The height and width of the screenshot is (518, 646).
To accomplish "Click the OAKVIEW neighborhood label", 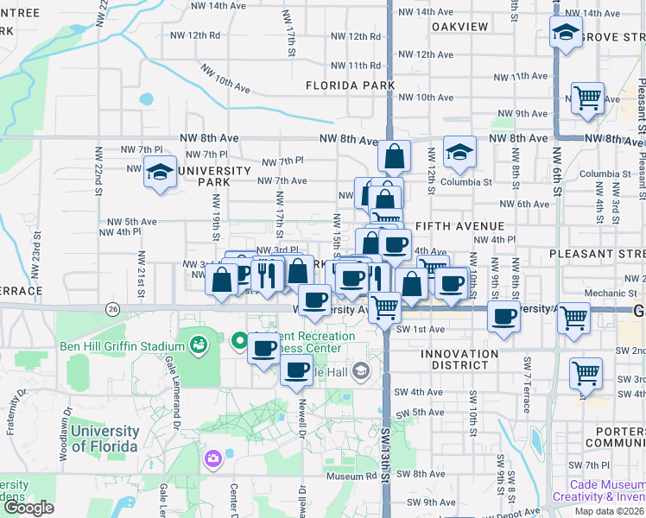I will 459,27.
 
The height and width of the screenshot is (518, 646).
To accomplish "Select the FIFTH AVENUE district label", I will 459,226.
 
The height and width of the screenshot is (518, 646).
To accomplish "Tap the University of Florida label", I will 104,439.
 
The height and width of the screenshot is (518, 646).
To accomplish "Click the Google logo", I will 28,508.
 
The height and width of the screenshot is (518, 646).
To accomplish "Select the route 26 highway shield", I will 112,308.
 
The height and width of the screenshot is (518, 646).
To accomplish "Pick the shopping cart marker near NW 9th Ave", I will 587,98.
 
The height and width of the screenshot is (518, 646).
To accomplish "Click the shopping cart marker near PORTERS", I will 586,373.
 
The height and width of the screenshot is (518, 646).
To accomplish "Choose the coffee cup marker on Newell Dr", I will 296,370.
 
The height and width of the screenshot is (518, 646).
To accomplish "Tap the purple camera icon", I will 212,458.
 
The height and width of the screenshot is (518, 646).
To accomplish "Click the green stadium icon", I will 199,345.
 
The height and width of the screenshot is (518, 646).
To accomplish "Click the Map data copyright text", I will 605,511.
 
